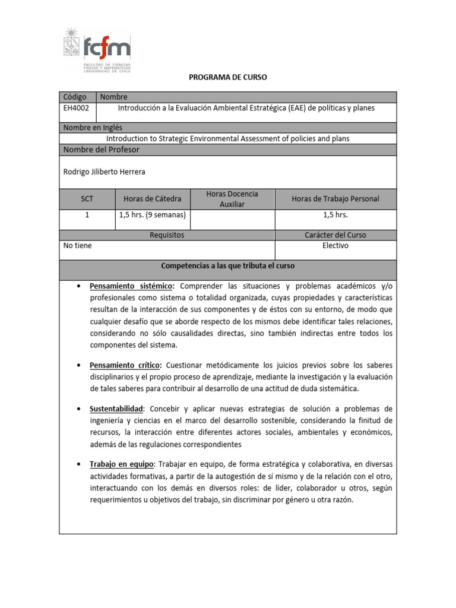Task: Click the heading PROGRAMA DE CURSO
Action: pos(228,77)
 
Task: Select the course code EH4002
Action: pos(75,108)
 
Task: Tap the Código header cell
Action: pos(75,97)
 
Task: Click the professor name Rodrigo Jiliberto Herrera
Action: pos(104,172)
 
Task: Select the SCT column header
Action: pos(87,199)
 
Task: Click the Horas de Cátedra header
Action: pos(152,199)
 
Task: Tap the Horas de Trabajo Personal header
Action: pos(335,199)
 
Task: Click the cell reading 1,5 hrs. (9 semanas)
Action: pos(152,215)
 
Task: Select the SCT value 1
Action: pos(87,215)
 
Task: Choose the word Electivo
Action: pos(335,245)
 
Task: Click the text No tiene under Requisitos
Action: pos(78,245)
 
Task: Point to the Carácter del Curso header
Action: pos(335,235)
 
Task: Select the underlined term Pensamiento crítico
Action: pos(125,365)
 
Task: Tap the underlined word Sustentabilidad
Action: pos(116,409)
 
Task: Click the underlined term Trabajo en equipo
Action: pos(121,464)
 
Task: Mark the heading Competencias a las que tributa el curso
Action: pos(228,265)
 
